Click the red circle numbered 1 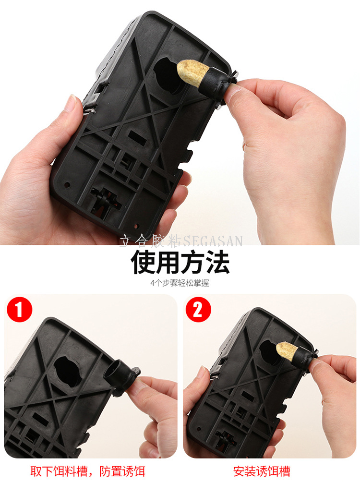[x=19, y=309]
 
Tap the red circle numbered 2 [x=198, y=309]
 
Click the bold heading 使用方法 [x=180, y=262]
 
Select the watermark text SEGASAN [x=213, y=241]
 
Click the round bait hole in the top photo [x=168, y=75]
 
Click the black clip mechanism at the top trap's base [x=103, y=199]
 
